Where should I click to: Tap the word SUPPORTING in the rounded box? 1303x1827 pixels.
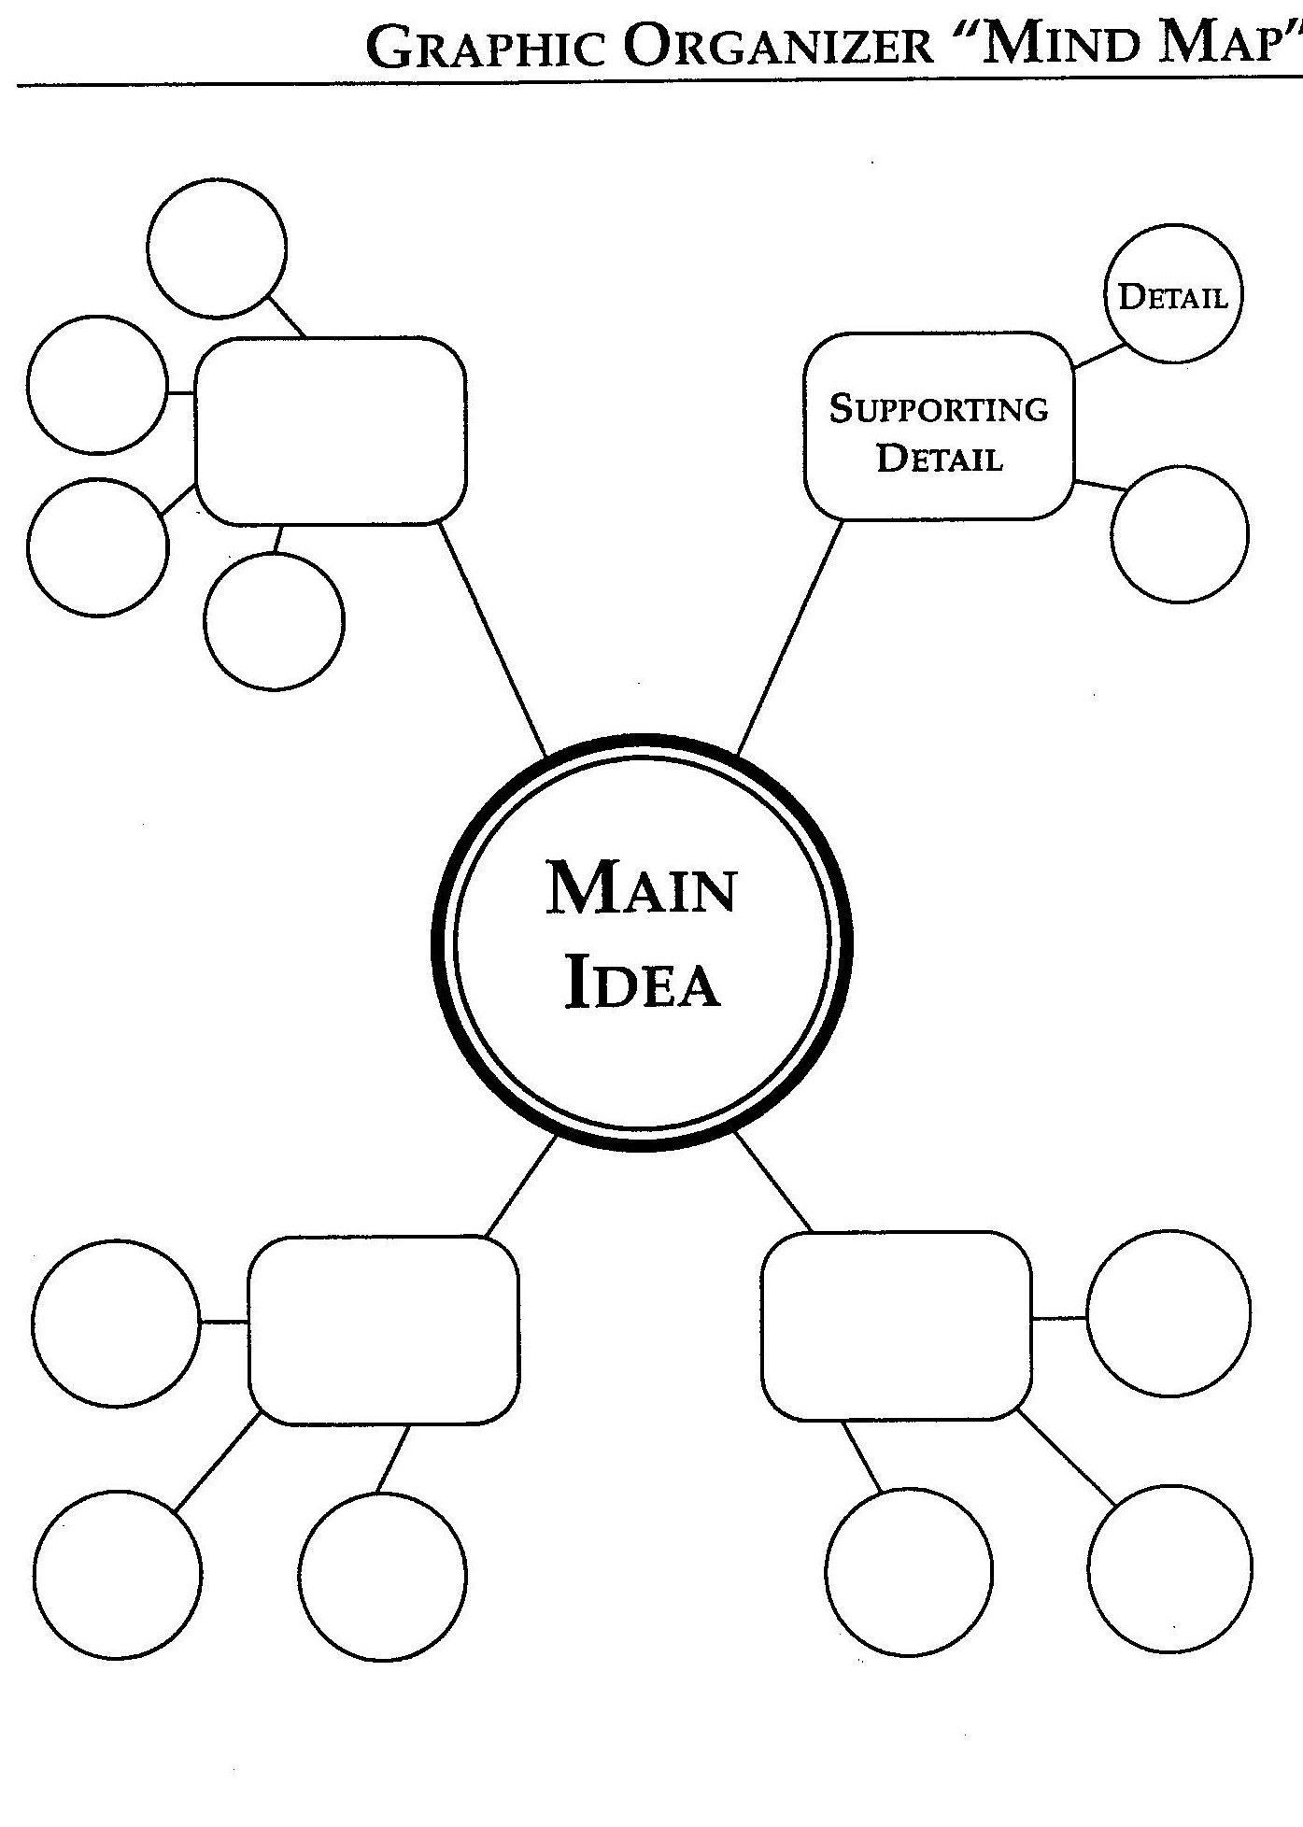tap(939, 409)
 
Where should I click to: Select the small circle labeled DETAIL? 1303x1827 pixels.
tap(1173, 293)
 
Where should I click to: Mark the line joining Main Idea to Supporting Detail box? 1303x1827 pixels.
tap(790, 637)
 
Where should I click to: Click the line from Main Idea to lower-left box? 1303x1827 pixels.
tap(521, 1187)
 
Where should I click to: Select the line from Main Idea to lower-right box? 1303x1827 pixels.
tap(773, 1181)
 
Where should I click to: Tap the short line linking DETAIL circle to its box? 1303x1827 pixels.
tap(1100, 356)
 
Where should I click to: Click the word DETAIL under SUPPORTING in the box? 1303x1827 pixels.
tap(940, 459)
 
